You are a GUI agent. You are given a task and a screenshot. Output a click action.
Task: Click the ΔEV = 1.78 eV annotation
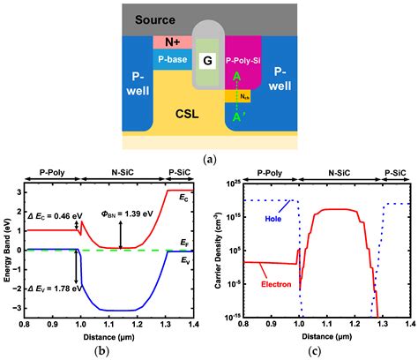tap(47, 289)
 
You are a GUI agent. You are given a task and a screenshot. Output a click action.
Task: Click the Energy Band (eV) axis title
tap(7, 251)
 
